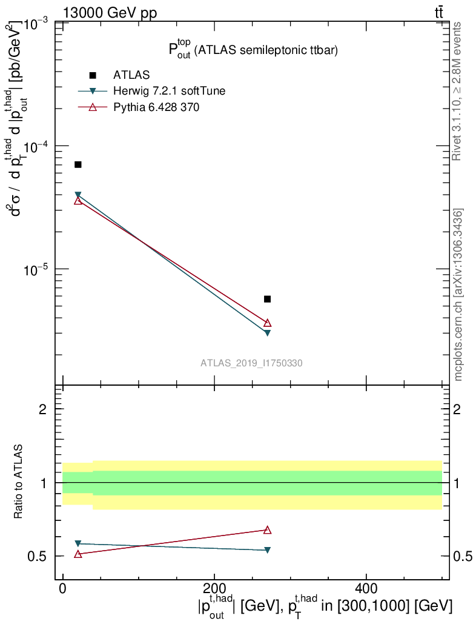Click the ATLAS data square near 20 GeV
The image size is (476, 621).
(x=78, y=164)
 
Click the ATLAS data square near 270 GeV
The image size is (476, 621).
(x=267, y=299)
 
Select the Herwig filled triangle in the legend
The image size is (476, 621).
(x=93, y=91)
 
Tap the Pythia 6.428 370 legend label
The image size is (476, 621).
(x=156, y=107)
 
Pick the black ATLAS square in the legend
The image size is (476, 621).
(x=93, y=75)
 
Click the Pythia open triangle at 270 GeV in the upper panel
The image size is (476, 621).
(x=267, y=323)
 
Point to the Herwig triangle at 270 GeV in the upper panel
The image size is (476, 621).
(x=267, y=332)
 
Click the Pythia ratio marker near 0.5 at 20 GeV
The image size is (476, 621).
(x=78, y=554)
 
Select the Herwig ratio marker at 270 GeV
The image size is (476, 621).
(x=267, y=550)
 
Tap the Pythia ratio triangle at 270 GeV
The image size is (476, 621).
(x=267, y=530)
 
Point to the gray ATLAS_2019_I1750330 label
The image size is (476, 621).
(x=252, y=363)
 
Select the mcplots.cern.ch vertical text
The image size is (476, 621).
(x=458, y=295)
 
